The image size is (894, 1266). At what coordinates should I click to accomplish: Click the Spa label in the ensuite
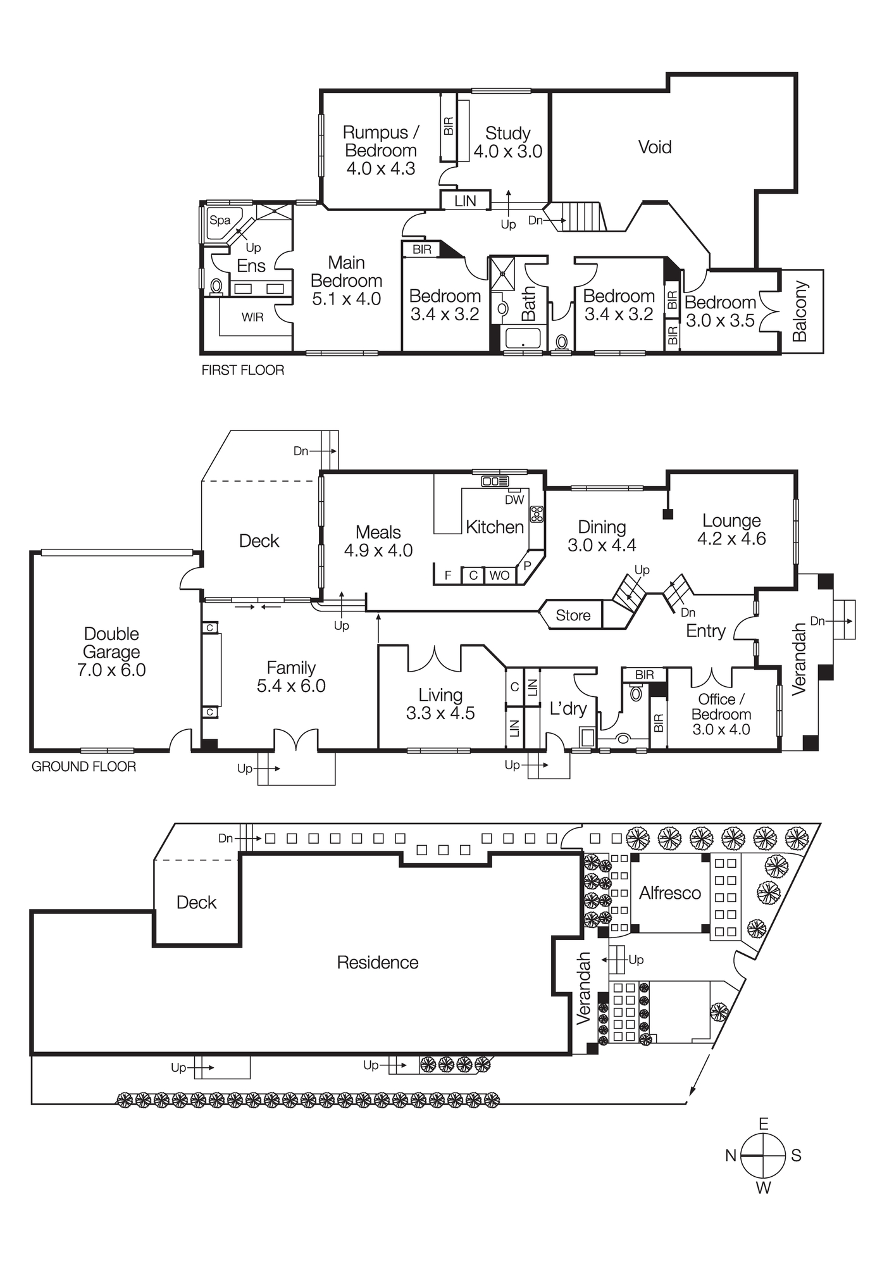click(x=220, y=220)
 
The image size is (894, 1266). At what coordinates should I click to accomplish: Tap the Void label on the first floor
click(x=654, y=147)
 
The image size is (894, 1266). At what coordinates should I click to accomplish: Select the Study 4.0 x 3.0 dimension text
click(x=508, y=151)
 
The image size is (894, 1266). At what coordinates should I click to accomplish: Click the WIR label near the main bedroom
click(x=252, y=317)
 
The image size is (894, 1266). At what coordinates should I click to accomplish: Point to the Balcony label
click(x=800, y=311)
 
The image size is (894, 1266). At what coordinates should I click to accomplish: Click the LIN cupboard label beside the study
click(x=465, y=201)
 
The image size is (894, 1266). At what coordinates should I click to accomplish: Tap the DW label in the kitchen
click(x=514, y=499)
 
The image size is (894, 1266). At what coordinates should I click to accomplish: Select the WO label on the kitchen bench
click(x=499, y=575)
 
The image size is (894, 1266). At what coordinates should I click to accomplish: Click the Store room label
click(x=573, y=615)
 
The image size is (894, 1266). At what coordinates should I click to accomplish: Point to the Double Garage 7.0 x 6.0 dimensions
click(x=111, y=670)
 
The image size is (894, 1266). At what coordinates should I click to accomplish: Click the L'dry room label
click(x=568, y=709)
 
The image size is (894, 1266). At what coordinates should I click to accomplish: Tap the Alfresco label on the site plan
click(x=670, y=893)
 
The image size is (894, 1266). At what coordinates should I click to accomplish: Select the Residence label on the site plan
click(x=378, y=963)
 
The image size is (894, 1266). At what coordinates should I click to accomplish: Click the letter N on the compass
click(x=731, y=1156)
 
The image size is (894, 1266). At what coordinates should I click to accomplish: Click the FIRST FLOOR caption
click(x=243, y=370)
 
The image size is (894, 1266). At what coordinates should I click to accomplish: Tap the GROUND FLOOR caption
click(x=84, y=767)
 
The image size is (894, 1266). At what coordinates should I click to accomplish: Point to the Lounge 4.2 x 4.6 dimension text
click(x=731, y=539)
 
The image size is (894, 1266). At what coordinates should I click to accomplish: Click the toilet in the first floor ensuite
click(x=216, y=286)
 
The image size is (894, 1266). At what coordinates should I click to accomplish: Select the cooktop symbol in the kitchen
click(x=537, y=513)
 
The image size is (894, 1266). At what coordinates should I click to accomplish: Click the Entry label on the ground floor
click(x=705, y=631)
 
